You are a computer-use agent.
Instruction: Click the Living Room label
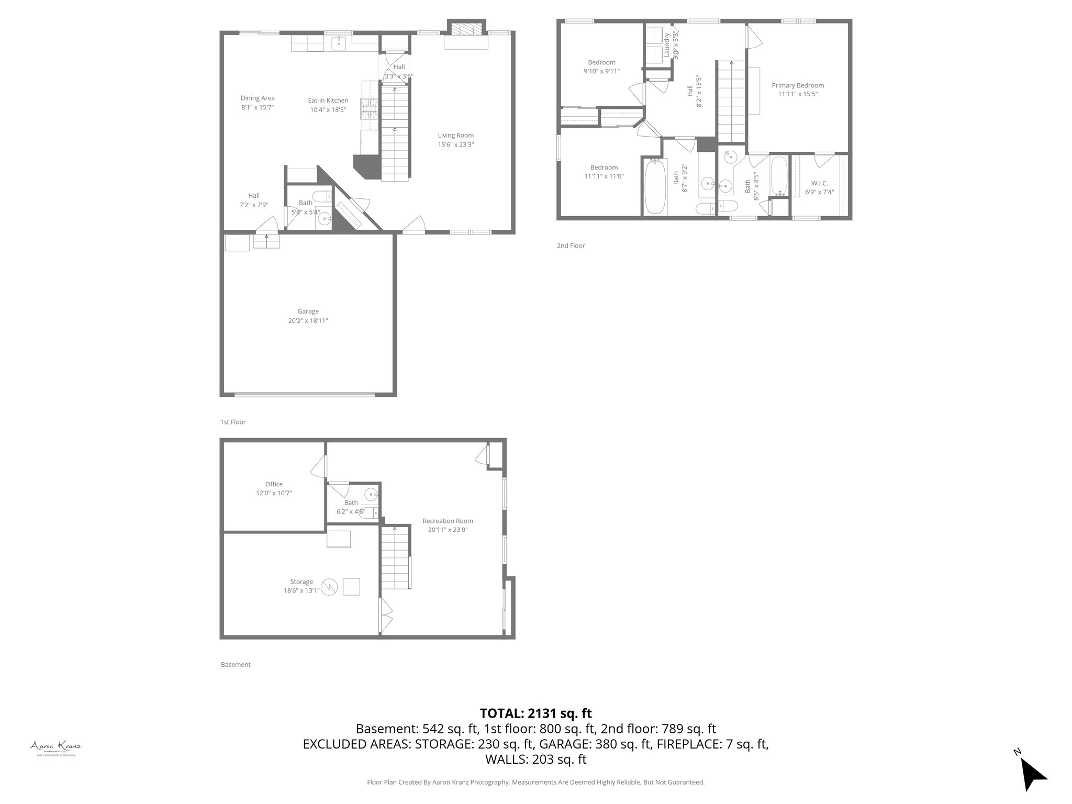tap(455, 136)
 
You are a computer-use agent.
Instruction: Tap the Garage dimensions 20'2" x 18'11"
tap(308, 321)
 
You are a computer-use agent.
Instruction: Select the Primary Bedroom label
tap(798, 85)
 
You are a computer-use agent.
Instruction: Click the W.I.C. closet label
tap(819, 183)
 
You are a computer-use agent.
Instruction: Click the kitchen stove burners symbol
tap(369, 108)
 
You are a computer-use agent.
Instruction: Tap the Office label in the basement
tap(274, 484)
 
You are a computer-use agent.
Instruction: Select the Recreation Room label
tap(448, 521)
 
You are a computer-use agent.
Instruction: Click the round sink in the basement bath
tap(371, 494)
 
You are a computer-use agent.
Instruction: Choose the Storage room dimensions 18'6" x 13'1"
tap(301, 590)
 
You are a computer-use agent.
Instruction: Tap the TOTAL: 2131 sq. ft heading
tap(535, 713)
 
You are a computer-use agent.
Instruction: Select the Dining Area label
tap(258, 98)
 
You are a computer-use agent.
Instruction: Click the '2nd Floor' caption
tap(571, 245)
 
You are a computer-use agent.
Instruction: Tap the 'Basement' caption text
tap(236, 664)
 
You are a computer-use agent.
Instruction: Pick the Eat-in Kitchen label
tap(328, 100)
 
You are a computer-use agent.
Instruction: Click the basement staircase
tap(395, 559)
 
